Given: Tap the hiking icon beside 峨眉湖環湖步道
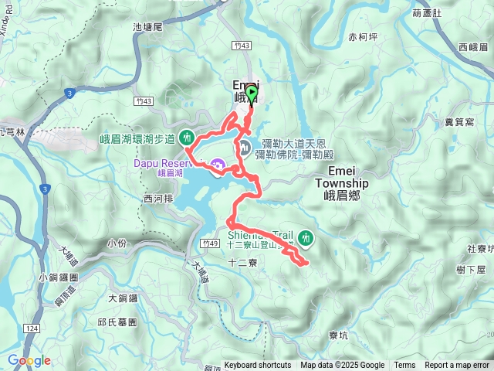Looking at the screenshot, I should (186, 138).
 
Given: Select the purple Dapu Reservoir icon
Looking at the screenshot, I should (218, 164).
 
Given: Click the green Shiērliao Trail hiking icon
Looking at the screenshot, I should (306, 237).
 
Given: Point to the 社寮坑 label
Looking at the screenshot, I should (478, 249).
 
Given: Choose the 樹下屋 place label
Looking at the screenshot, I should (471, 270).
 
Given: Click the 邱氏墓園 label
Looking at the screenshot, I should (117, 322).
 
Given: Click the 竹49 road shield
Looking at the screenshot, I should (209, 243).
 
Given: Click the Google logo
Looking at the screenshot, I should (29, 360).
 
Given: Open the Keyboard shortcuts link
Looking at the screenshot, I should (258, 366).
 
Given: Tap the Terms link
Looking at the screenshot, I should (404, 366).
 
